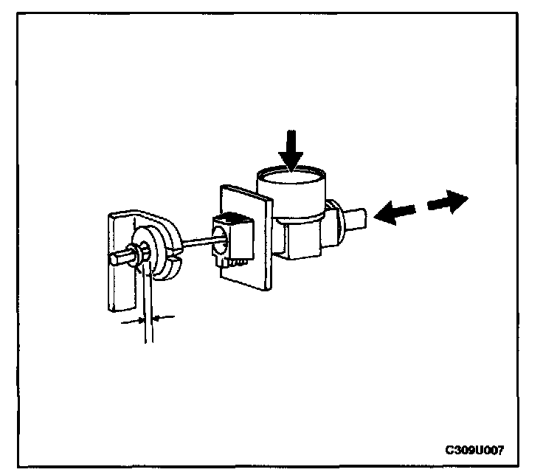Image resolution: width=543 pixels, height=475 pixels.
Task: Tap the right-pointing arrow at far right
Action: tap(447, 201)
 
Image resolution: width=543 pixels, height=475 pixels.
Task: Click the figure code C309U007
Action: tap(474, 450)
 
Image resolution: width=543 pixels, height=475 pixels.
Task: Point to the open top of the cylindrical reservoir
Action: tap(291, 177)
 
